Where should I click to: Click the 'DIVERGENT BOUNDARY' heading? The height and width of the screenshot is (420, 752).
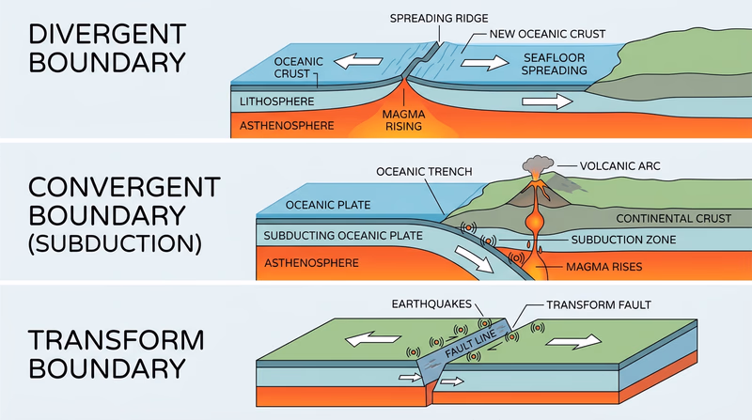point(103,50)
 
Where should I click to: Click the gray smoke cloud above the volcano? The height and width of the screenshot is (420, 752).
point(536,165)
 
